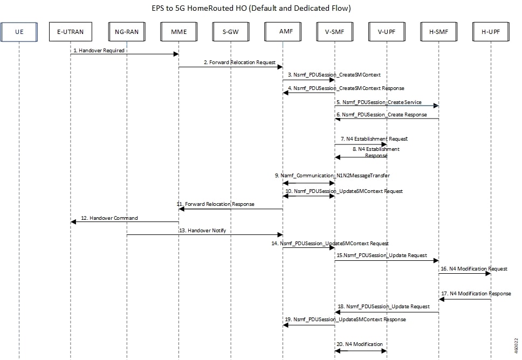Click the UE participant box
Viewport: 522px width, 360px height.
[x=19, y=32]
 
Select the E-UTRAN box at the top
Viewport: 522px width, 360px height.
[x=71, y=32]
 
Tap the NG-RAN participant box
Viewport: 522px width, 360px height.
[x=127, y=32]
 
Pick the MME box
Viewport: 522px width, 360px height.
[x=179, y=32]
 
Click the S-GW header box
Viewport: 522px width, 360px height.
[x=231, y=32]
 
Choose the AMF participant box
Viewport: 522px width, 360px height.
[x=283, y=32]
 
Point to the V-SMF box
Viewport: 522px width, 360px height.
[x=334, y=32]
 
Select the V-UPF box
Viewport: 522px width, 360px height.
[x=387, y=32]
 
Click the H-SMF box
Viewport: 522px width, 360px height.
[x=439, y=32]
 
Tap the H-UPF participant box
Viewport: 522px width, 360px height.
[x=491, y=32]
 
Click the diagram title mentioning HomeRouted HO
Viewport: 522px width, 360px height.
[x=251, y=8]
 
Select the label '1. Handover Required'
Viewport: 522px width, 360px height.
[x=99, y=51]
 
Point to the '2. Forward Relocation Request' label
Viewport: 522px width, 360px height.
[x=239, y=62]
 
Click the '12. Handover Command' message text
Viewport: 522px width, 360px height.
[x=109, y=218]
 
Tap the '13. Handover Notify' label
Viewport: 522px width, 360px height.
[x=202, y=231]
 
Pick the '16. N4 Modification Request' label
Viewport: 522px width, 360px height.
[x=474, y=269]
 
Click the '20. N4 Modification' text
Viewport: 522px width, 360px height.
[x=360, y=344]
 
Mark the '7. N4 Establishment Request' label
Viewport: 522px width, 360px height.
[x=374, y=139]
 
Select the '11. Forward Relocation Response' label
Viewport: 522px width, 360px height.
[x=215, y=204]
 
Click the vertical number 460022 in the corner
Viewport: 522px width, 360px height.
[x=517, y=346]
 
